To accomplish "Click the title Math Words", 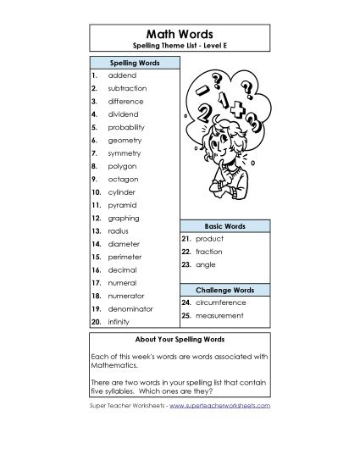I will pyautogui.click(x=180, y=31).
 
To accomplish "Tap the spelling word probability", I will pyautogui.click(x=127, y=127).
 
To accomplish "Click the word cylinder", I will pyautogui.click(x=122, y=192).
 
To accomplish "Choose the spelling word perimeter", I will pyautogui.click(x=125, y=256).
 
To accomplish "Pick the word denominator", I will pyautogui.click(x=130, y=308).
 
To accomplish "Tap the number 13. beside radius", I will pyautogui.click(x=97, y=230).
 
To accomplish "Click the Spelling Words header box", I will pyautogui.click(x=134, y=63).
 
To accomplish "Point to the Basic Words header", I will pyautogui.click(x=224, y=226).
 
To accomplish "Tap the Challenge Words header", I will pyautogui.click(x=224, y=290).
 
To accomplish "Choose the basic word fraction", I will pyautogui.click(x=209, y=252).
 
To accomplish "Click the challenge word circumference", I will pyautogui.click(x=220, y=302).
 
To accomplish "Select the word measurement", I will pyautogui.click(x=219, y=316).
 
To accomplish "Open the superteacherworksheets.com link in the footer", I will pyautogui.click(x=219, y=406).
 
